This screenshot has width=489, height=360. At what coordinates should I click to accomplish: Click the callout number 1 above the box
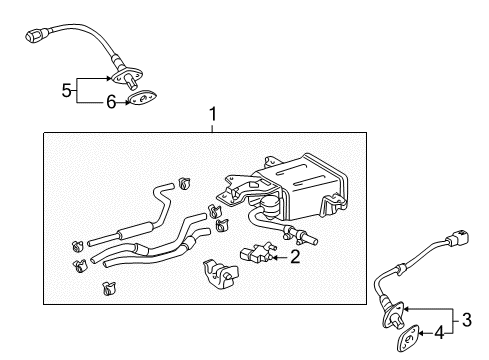[212, 116]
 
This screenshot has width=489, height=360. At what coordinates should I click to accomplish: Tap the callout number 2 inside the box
[296, 257]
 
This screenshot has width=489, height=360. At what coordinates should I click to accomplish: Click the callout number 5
[66, 90]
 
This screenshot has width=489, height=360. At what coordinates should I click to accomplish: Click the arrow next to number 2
[280, 257]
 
